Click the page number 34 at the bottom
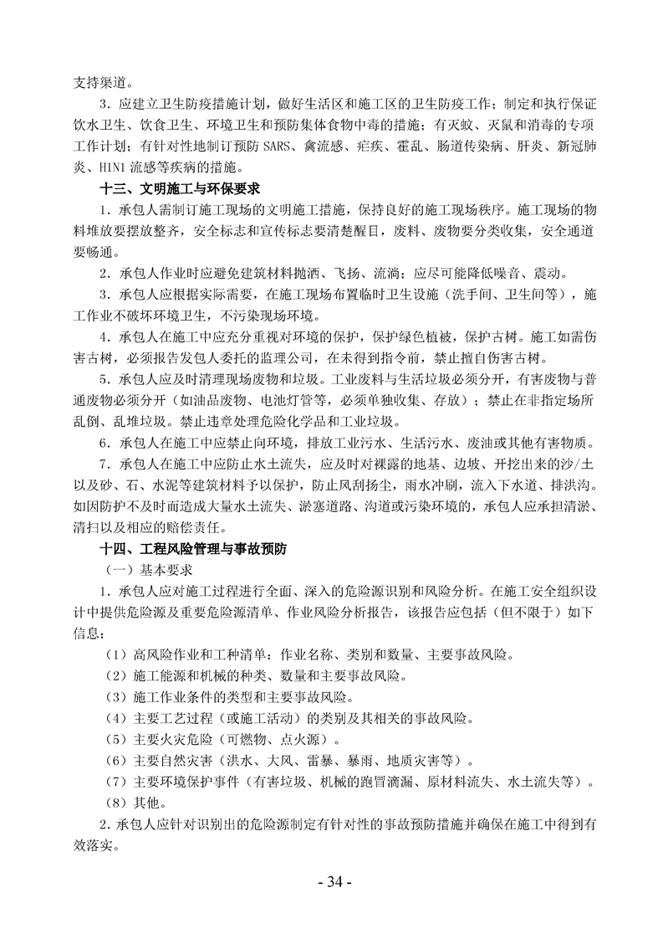pyautogui.click(x=332, y=882)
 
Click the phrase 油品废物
pyautogui.click(x=196, y=400)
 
